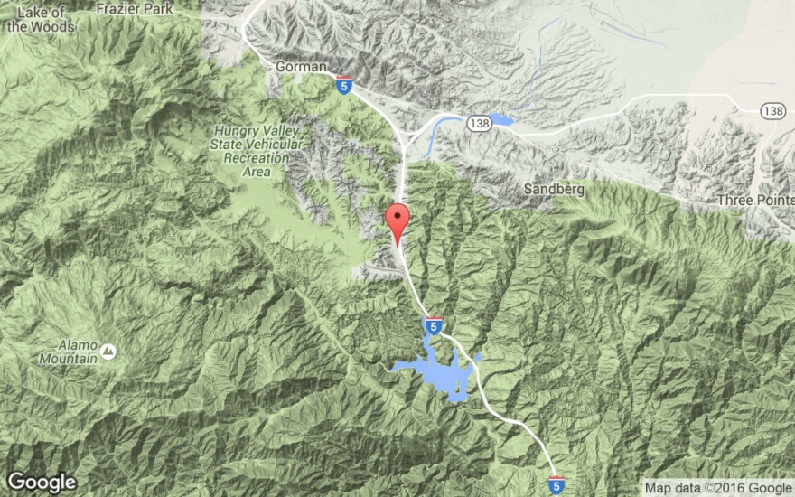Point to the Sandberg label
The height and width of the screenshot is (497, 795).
(553, 190)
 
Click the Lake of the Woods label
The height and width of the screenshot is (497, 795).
(38, 18)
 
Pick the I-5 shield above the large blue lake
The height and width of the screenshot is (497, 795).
(433, 325)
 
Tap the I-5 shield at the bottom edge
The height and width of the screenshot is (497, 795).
(556, 485)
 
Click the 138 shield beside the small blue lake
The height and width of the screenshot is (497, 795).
(479, 121)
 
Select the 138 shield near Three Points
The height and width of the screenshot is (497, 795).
(772, 110)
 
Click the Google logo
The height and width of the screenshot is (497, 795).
(41, 483)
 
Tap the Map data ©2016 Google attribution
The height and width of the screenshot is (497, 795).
(717, 488)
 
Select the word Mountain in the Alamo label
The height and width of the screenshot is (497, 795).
(70, 358)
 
